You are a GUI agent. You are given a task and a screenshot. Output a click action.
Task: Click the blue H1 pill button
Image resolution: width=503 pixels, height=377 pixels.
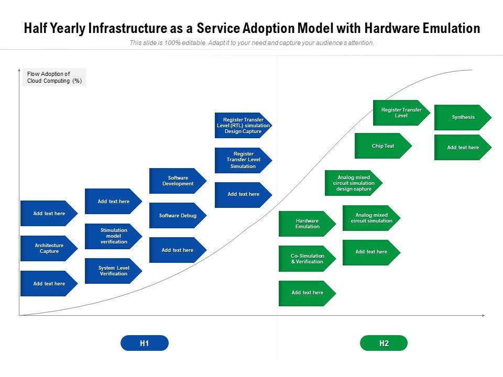[x=145, y=343]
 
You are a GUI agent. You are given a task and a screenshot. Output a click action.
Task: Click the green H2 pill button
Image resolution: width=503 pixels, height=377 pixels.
[x=384, y=343]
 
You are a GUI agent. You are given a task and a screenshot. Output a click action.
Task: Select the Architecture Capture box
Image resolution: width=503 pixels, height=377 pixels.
[x=49, y=248]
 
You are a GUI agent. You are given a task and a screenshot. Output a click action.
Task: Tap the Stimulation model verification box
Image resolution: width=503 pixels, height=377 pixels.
[x=114, y=236]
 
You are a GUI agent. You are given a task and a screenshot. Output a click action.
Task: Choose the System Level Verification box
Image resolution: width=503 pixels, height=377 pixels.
[x=114, y=271]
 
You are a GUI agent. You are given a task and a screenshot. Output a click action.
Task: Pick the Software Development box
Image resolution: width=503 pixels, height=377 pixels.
[x=178, y=181]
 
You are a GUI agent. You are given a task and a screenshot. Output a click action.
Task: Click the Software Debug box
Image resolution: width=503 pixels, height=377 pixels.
[x=178, y=215]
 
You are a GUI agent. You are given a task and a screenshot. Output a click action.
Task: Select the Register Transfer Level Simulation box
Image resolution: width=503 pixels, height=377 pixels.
[x=244, y=160]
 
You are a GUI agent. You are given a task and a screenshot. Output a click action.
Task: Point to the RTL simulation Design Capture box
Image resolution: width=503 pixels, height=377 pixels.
[x=244, y=125]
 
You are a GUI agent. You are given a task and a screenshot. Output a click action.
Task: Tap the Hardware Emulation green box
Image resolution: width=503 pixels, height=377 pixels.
[x=308, y=224]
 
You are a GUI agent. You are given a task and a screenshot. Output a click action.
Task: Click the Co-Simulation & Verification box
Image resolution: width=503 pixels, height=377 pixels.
[x=308, y=259]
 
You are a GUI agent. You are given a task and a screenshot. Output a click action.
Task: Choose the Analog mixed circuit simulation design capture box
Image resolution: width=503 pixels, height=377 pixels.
[x=354, y=183]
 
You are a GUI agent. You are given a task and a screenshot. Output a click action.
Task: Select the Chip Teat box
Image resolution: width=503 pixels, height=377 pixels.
[x=384, y=146]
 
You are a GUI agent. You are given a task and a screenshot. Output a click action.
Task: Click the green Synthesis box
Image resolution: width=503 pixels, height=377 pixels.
[x=463, y=117]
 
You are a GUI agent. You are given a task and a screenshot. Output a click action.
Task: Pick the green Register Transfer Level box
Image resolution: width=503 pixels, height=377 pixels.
[x=402, y=113]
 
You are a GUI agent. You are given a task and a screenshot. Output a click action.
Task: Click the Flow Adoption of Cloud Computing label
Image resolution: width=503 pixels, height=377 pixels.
[x=54, y=77]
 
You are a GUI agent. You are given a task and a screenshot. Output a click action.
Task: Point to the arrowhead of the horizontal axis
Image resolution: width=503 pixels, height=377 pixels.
[x=483, y=315]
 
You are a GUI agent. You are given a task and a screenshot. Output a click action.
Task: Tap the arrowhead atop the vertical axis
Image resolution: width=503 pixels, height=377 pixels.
[x=19, y=70]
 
